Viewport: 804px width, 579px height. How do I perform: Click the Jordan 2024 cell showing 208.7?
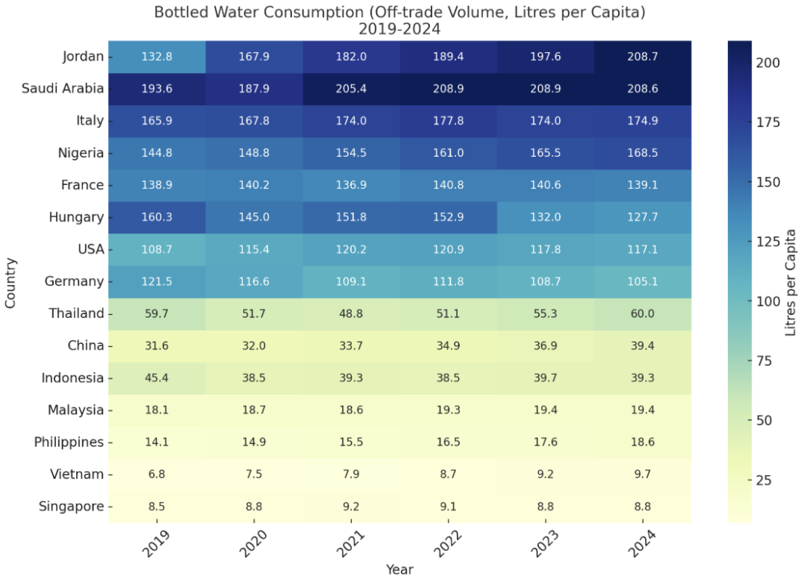coord(642,56)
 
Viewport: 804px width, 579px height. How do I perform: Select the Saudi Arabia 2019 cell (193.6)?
coord(157,88)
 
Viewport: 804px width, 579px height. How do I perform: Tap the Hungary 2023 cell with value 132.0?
coord(545,217)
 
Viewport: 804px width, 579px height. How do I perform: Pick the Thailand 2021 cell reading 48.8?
coord(351,313)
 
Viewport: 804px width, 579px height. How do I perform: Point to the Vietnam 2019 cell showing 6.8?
coord(157,474)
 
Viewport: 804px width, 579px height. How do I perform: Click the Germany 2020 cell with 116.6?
coord(254,281)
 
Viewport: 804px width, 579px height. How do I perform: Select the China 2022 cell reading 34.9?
coord(448,345)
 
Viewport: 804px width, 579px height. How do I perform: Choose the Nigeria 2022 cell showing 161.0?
coord(448,153)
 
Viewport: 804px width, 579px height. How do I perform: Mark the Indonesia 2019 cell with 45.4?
coord(157,378)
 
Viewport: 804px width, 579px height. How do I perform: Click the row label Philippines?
coord(69,442)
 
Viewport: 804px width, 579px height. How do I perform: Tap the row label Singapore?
coord(71,507)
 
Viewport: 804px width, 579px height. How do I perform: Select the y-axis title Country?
coord(10,282)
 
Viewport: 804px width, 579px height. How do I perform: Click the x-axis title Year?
coord(399,569)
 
